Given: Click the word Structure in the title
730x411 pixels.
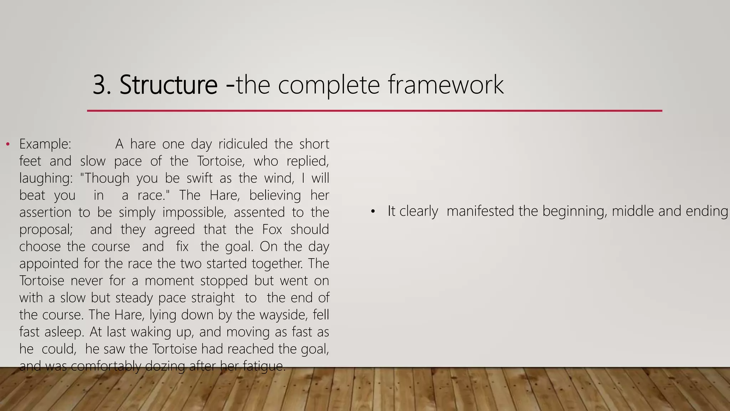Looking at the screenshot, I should click(x=168, y=85).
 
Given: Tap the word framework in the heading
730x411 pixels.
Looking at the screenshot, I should click(x=446, y=85).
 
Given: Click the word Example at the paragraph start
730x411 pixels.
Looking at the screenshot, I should click(x=45, y=144).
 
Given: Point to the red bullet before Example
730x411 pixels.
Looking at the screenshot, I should click(x=7, y=144).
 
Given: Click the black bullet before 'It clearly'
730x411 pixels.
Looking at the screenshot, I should click(x=373, y=212).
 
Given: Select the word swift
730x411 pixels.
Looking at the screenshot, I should click(x=200, y=178).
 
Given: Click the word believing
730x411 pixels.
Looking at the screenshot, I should click(x=275, y=196).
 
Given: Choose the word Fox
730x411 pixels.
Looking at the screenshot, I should click(x=272, y=229).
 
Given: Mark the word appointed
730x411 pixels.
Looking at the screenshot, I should click(x=49, y=264).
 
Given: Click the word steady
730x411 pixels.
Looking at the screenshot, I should click(x=134, y=298).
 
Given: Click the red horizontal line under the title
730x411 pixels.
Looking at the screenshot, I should click(x=374, y=111).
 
